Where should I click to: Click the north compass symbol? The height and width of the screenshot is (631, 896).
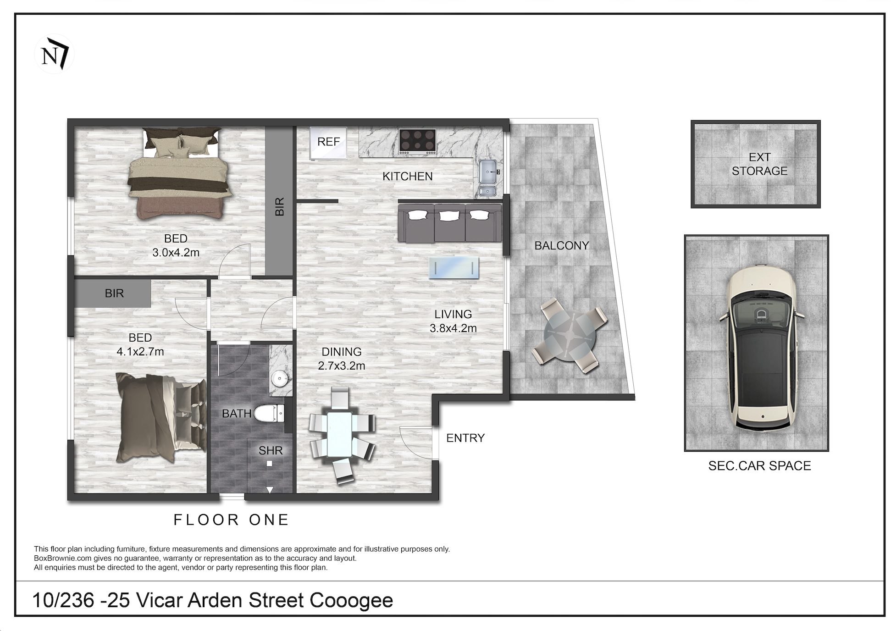(x=54, y=54)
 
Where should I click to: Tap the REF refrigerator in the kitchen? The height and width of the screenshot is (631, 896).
(x=328, y=143)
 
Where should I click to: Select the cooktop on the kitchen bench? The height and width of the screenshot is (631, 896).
(x=417, y=141)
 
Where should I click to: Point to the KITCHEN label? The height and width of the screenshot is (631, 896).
(x=408, y=177)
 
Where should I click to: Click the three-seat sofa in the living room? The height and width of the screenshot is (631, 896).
(x=450, y=223)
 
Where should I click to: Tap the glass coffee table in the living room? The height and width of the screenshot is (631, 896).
(x=454, y=268)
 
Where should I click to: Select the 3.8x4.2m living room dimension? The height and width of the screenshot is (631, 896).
(x=453, y=328)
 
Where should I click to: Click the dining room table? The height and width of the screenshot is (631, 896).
(x=339, y=434)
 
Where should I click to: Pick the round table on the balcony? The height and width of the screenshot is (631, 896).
(x=570, y=336)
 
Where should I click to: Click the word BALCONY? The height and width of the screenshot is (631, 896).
(x=562, y=246)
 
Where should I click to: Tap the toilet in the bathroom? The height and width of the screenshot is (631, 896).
(x=270, y=414)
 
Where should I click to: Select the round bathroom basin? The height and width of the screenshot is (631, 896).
(x=279, y=379)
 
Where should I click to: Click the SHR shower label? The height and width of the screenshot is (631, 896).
(x=271, y=451)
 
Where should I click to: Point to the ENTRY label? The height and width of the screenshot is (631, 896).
(x=465, y=438)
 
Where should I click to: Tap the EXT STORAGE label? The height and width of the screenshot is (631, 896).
(x=759, y=164)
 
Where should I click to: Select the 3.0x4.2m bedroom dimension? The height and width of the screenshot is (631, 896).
(x=176, y=252)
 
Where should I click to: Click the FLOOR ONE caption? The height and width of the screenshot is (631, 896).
(x=231, y=520)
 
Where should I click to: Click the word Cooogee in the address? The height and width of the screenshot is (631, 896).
(x=351, y=601)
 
